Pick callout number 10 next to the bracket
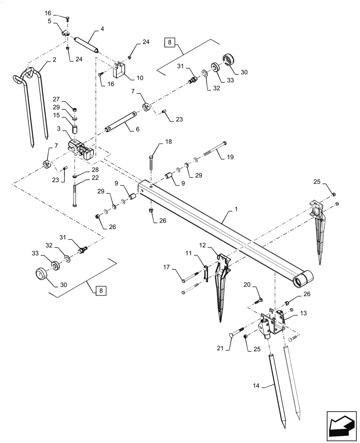[x=140, y=78]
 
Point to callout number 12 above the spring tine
[x=203, y=245]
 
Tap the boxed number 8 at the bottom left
[x=101, y=291]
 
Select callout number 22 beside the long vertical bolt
[x=95, y=177]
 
